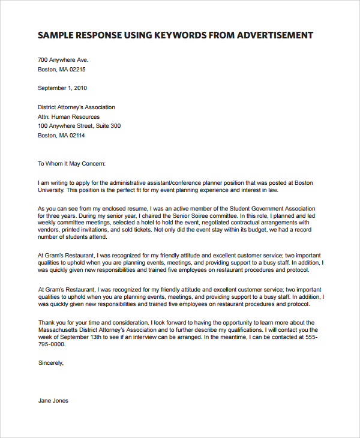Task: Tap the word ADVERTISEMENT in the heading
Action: (x=275, y=35)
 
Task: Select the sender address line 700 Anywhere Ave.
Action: (x=63, y=60)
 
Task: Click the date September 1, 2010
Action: (x=62, y=88)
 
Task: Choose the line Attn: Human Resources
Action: (x=69, y=116)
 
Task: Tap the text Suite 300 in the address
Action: (x=108, y=126)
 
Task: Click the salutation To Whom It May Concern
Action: (x=71, y=163)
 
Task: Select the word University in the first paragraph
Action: (x=50, y=190)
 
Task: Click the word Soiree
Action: (x=198, y=215)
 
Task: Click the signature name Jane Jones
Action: (x=53, y=401)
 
